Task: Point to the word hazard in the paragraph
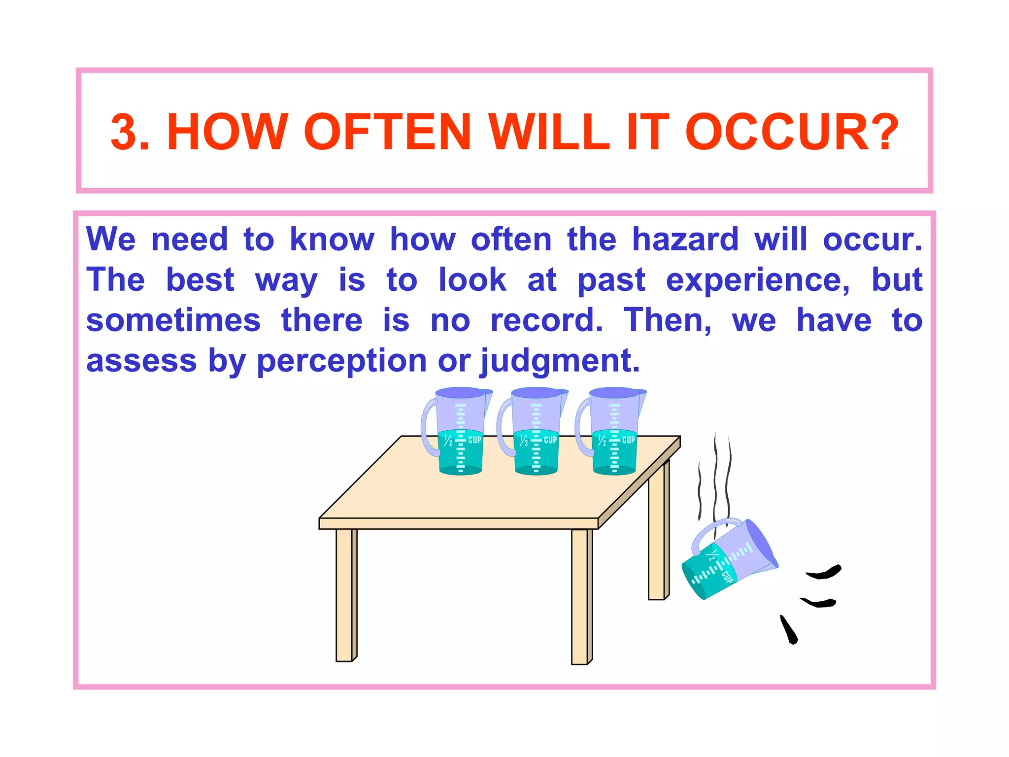(685, 240)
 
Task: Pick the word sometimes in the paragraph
(173, 321)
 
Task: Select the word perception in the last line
(341, 361)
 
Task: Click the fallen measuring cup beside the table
(729, 559)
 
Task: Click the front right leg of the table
(580, 596)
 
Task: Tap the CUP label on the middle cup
(550, 440)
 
